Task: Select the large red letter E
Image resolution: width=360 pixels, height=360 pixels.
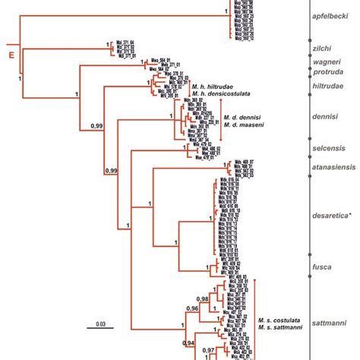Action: tap(11, 55)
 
